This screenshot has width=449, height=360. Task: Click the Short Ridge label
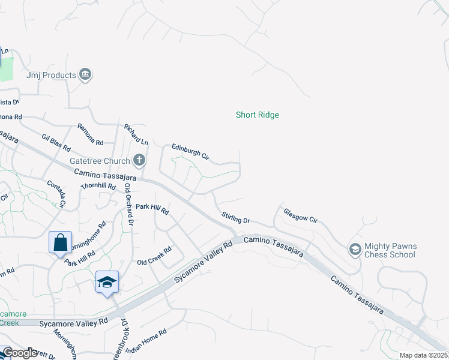(257, 115)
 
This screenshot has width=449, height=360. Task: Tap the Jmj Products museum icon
(85, 75)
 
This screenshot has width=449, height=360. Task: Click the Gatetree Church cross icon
(139, 160)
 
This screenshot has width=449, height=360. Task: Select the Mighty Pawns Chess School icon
(355, 248)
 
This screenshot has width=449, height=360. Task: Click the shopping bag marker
(60, 243)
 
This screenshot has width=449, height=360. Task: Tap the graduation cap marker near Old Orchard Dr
(107, 282)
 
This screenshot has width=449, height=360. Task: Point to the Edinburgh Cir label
(190, 151)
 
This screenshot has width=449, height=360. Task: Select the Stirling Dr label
(235, 217)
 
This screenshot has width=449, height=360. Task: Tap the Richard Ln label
(136, 134)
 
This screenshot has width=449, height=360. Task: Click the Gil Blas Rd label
(56, 143)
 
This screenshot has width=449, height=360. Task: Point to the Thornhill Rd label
(98, 186)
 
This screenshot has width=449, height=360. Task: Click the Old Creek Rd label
(154, 256)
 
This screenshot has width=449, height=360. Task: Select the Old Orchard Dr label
(128, 204)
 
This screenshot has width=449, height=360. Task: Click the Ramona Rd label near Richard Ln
(90, 134)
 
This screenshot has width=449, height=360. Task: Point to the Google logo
(20, 353)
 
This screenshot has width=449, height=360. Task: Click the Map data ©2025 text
(423, 355)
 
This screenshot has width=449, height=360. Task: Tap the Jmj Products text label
(51, 76)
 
